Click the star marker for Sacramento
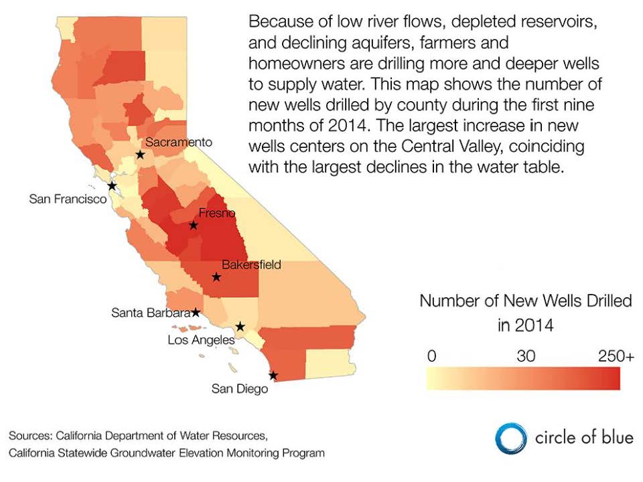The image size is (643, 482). tap(140, 155)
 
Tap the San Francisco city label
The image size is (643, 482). tap(68, 199)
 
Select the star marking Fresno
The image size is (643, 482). tap(193, 225)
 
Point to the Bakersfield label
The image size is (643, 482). tap(251, 265)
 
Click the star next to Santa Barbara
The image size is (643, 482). tap(196, 313)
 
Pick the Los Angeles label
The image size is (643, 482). tap(202, 340)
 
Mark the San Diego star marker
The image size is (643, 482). tap(273, 376)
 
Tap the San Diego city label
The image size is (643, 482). tap(240, 388)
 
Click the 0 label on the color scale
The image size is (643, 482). tap(431, 355)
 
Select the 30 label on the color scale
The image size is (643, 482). tap(526, 355)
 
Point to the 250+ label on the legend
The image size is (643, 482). tap(616, 355)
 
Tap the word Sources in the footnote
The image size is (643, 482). tap(31, 435)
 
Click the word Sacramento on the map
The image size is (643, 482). tap(179, 142)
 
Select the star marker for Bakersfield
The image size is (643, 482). tap(216, 277)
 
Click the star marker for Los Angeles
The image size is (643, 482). tap(240, 327)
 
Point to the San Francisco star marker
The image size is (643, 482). tap(112, 185)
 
